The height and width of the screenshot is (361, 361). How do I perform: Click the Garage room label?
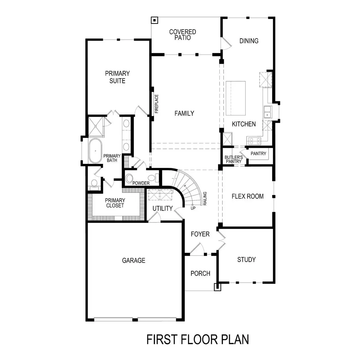[134, 261]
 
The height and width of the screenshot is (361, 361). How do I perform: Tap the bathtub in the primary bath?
[95, 151]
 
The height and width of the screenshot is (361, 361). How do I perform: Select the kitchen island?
[236, 98]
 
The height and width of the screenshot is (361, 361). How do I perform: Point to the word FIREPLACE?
[156, 104]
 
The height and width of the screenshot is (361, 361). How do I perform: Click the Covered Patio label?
[183, 35]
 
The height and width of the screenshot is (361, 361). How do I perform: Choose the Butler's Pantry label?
[233, 159]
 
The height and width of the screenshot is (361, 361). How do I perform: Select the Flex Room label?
[247, 196]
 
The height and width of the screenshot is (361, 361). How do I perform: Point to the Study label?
[246, 260]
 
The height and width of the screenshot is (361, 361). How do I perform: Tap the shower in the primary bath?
[96, 126]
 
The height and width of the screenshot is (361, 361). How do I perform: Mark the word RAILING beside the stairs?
[205, 199]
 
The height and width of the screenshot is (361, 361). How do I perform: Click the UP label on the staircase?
[193, 208]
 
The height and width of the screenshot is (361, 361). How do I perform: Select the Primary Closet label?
[115, 203]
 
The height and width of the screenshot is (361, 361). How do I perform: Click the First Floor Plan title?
[198, 339]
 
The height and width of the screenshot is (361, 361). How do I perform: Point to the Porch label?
[200, 273]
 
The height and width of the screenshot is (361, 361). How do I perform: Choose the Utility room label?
[162, 208]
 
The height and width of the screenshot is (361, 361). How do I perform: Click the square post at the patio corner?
[154, 20]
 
